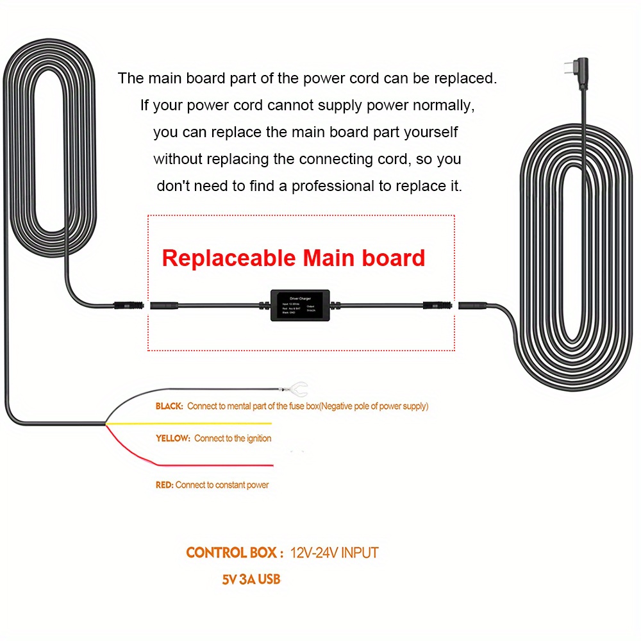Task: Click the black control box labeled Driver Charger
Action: tap(300, 306)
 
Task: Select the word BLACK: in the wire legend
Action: tap(169, 406)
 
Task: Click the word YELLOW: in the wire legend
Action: tap(173, 438)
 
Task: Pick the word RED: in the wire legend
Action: tap(164, 485)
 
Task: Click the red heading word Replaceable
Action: tap(229, 258)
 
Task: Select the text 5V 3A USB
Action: tap(251, 579)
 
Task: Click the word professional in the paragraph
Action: tap(333, 187)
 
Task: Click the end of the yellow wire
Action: tap(271, 424)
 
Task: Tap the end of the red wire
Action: tap(272, 465)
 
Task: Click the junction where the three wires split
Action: tap(105, 424)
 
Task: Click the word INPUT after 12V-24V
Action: tap(360, 553)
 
